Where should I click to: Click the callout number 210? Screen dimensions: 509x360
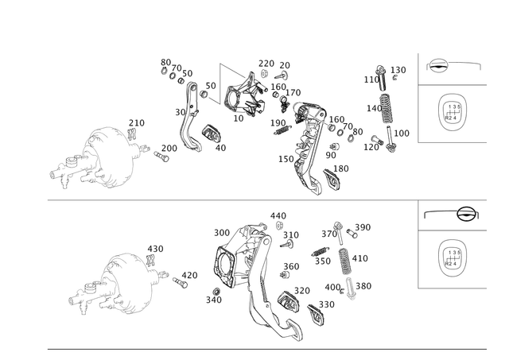(x=137, y=123)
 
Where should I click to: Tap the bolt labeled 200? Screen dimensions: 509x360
(x=161, y=157)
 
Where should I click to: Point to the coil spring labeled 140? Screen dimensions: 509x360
(x=386, y=109)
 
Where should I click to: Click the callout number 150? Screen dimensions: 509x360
(x=286, y=159)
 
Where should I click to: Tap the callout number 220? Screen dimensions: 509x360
(x=266, y=64)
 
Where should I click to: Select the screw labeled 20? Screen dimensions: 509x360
(x=282, y=75)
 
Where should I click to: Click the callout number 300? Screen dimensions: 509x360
(x=222, y=233)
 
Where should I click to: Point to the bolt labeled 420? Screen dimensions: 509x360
(x=181, y=283)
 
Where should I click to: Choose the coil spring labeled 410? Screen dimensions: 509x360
(x=344, y=261)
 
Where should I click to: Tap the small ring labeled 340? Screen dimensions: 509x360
(x=216, y=291)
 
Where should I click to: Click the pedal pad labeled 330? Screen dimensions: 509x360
(x=316, y=314)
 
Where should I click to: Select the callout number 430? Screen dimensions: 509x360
(x=156, y=249)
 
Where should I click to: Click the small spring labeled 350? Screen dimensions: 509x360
(x=321, y=251)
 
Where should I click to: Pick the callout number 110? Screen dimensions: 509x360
(x=371, y=79)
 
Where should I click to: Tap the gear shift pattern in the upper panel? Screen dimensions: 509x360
(x=453, y=112)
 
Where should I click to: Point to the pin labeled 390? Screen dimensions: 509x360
(x=352, y=233)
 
